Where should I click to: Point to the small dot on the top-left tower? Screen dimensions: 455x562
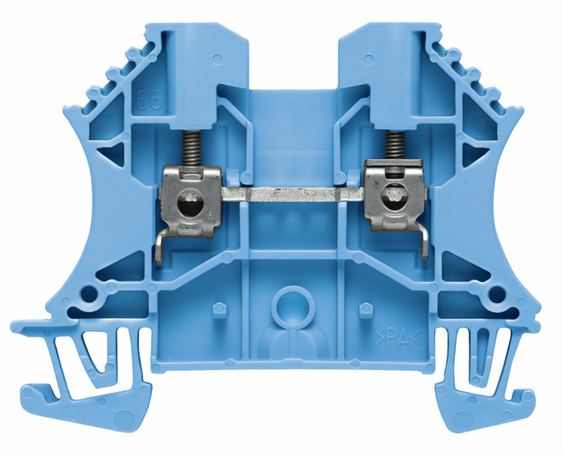(x=218, y=58)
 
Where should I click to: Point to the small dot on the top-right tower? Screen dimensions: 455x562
(x=368, y=58)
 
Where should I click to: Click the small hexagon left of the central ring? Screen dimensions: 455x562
(x=219, y=309)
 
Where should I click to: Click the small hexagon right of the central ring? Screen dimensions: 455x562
(x=365, y=309)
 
